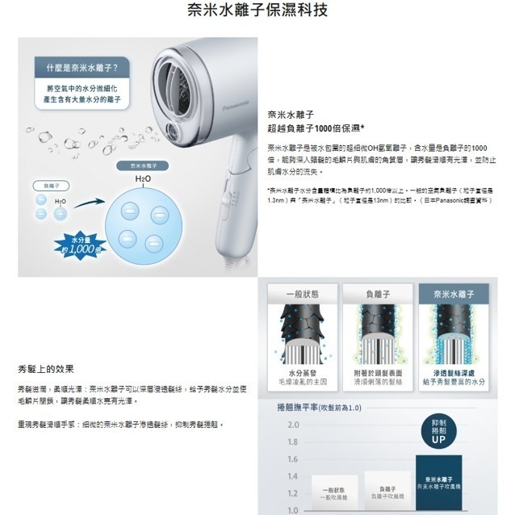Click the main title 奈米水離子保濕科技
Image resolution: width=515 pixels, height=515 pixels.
pyautogui.click(x=257, y=12)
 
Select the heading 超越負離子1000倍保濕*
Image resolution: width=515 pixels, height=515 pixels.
pyautogui.click(x=316, y=128)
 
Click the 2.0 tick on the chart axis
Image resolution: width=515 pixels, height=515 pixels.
pyautogui.click(x=292, y=425)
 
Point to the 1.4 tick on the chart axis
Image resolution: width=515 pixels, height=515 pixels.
pyautogui.click(x=292, y=476)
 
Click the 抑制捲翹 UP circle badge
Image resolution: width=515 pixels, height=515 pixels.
pyautogui.click(x=438, y=433)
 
